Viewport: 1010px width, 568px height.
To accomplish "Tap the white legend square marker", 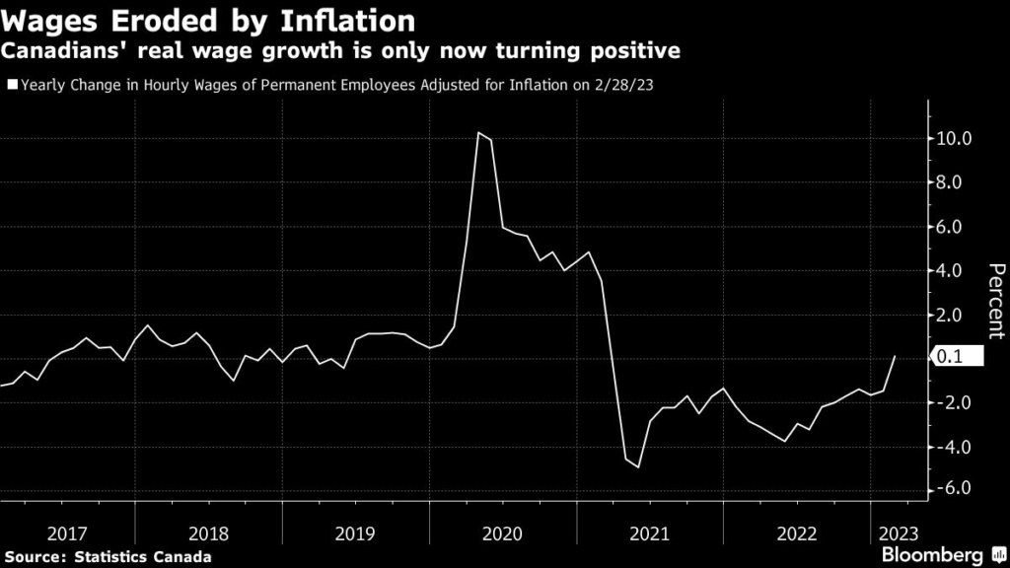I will click(11, 86).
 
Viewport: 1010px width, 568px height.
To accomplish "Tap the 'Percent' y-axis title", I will click(996, 302).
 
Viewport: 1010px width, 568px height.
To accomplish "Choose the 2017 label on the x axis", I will click(67, 533).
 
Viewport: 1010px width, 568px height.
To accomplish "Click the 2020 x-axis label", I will click(503, 533).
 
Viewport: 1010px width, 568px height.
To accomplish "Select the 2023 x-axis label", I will click(896, 533).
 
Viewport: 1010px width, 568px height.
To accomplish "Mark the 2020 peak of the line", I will click(478, 132).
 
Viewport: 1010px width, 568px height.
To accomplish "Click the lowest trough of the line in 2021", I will click(638, 466).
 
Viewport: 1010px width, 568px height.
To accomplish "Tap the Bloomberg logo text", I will click(937, 555).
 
